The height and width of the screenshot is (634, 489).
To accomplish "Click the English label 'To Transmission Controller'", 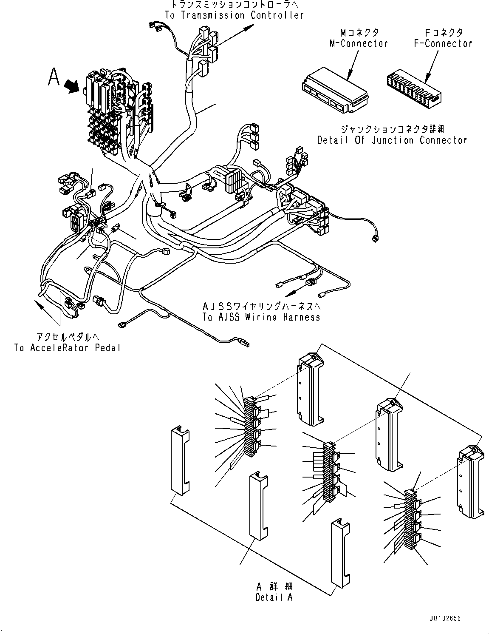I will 234,15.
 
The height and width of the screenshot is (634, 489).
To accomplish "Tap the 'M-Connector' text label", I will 359,43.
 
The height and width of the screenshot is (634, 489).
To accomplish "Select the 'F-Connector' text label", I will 443,43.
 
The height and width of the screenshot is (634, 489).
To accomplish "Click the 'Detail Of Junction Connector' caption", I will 392,140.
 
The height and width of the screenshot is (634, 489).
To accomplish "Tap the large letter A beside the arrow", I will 54,77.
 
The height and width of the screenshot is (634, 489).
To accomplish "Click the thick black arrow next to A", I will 71,87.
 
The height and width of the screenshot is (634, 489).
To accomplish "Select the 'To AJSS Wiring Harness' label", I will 261,317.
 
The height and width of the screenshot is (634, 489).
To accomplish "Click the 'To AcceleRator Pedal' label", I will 67,348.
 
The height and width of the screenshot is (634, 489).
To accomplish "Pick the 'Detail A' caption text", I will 274,597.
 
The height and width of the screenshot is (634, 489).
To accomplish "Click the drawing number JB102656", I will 445,619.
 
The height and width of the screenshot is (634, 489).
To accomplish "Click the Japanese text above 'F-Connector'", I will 444,32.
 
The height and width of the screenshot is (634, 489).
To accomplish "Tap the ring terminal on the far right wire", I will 374,239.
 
